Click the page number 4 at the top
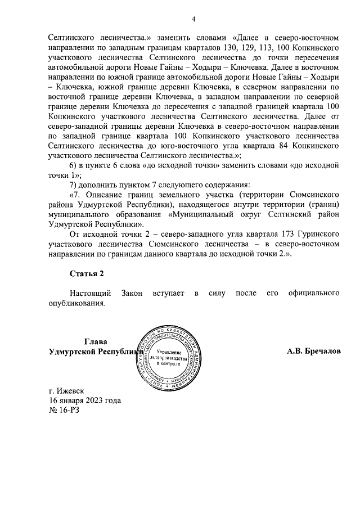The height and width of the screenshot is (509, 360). coord(192,19)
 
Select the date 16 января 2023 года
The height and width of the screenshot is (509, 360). coord(85,400)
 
